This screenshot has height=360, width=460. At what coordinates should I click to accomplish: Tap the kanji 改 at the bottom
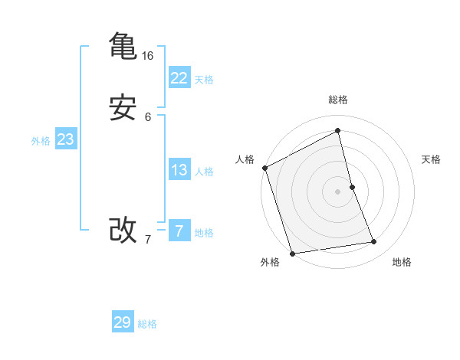pyautogui.click(x=123, y=229)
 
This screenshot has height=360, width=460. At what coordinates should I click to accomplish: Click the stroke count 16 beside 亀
pyautogui.click(x=148, y=56)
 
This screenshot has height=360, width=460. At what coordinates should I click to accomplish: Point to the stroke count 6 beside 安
pyautogui.click(x=148, y=117)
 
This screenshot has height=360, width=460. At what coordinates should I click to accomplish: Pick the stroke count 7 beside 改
pyautogui.click(x=148, y=240)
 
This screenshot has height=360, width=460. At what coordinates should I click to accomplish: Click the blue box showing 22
pyautogui.click(x=179, y=78)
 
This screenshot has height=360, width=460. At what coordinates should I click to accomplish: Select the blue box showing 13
pyautogui.click(x=179, y=170)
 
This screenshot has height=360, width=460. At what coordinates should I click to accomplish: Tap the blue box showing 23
pyautogui.click(x=65, y=139)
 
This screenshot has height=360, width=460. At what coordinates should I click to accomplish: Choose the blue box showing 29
pyautogui.click(x=123, y=322)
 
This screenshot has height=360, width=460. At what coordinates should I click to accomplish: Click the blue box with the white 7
pyautogui.click(x=179, y=231)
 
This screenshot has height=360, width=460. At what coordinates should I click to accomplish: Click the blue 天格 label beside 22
pyautogui.click(x=204, y=80)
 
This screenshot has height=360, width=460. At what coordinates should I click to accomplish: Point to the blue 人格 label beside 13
pyautogui.click(x=204, y=172)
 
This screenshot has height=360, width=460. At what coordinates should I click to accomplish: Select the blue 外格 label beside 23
pyautogui.click(x=41, y=141)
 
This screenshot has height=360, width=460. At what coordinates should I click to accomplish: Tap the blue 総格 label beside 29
pyautogui.click(x=147, y=324)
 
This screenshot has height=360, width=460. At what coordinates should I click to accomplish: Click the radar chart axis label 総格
pyautogui.click(x=338, y=100)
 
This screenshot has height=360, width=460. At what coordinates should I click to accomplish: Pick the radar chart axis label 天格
pyautogui.click(x=432, y=159)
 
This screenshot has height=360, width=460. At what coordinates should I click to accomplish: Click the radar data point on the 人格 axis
pyautogui.click(x=264, y=168)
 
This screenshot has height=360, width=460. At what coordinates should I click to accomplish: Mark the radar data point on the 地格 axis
pyautogui.click(x=374, y=242)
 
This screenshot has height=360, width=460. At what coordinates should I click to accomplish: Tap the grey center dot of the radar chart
pyautogui.click(x=338, y=191)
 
